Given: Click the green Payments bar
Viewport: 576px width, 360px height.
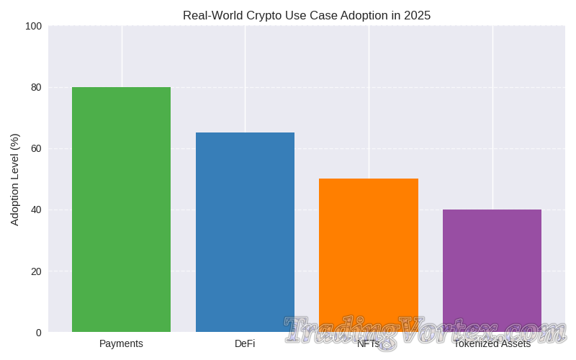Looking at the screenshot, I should click(x=121, y=209).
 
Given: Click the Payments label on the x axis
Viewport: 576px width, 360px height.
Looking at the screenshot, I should click(x=121, y=343).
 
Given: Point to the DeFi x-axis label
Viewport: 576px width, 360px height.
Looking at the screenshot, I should click(x=245, y=343).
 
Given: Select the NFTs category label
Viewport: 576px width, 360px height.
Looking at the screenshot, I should click(x=368, y=343).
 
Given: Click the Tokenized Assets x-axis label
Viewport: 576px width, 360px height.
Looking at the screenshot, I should click(x=492, y=343).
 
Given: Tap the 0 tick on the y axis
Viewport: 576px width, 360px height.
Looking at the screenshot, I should click(x=37, y=333).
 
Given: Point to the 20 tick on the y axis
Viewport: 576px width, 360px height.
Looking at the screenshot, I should click(x=35, y=271).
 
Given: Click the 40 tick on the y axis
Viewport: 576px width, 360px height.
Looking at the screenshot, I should click(x=35, y=210).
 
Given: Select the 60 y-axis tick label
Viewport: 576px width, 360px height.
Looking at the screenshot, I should click(x=35, y=149).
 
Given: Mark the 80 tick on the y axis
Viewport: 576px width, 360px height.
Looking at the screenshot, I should click(x=35, y=88).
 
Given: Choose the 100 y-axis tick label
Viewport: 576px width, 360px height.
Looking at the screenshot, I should click(x=33, y=27).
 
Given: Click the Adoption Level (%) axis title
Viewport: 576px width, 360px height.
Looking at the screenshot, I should click(x=15, y=179).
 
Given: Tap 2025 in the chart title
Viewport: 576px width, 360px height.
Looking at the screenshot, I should click(x=418, y=16).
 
